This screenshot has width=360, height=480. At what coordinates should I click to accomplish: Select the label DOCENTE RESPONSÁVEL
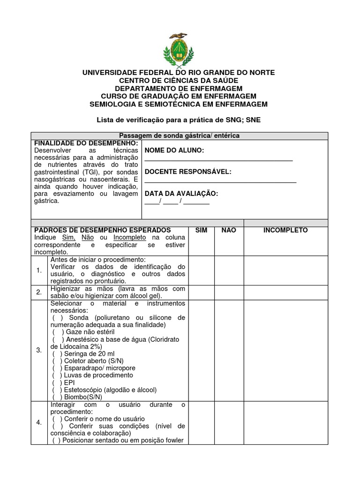[x=188, y=172]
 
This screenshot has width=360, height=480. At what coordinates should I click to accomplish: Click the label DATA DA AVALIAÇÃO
[x=181, y=193]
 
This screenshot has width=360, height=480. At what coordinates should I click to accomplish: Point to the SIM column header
[x=201, y=230]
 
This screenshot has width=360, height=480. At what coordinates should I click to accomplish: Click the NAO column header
[x=229, y=230]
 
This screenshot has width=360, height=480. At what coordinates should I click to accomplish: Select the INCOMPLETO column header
[x=285, y=230]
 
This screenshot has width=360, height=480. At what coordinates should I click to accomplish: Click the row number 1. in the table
[x=39, y=270]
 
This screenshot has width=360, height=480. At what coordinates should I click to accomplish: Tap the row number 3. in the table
[x=39, y=350]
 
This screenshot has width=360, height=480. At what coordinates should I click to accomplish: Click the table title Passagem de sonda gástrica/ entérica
[x=180, y=135]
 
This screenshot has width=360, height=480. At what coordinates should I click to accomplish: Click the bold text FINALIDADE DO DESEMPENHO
[x=86, y=142]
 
